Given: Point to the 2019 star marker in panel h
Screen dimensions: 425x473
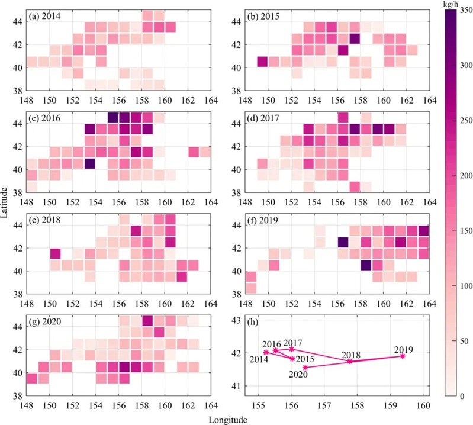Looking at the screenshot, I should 403,356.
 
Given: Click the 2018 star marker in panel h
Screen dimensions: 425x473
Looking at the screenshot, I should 350,361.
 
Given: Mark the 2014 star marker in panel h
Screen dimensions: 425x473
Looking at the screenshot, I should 266,352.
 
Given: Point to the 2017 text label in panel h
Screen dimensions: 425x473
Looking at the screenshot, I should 292,343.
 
